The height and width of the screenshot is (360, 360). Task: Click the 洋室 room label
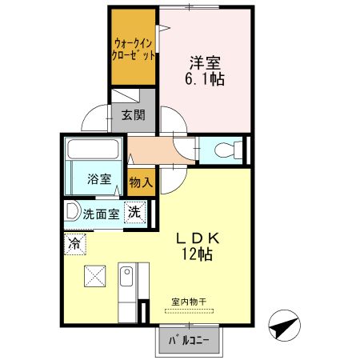[x=206, y=62]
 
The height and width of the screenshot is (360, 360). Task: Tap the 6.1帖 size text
[x=205, y=79]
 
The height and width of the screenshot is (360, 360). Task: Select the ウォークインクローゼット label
[x=133, y=50]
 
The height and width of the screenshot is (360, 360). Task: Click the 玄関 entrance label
[x=133, y=115]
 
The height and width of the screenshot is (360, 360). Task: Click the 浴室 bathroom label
[x=99, y=180]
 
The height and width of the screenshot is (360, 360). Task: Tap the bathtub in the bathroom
[x=92, y=149]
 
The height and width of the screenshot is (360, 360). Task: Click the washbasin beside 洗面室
[x=73, y=213]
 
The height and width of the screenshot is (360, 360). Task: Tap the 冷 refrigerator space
[x=74, y=242]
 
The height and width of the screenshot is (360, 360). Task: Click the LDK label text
[x=203, y=239]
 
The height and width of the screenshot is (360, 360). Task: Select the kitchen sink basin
[x=126, y=278]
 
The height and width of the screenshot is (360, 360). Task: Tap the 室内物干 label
[x=189, y=302]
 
